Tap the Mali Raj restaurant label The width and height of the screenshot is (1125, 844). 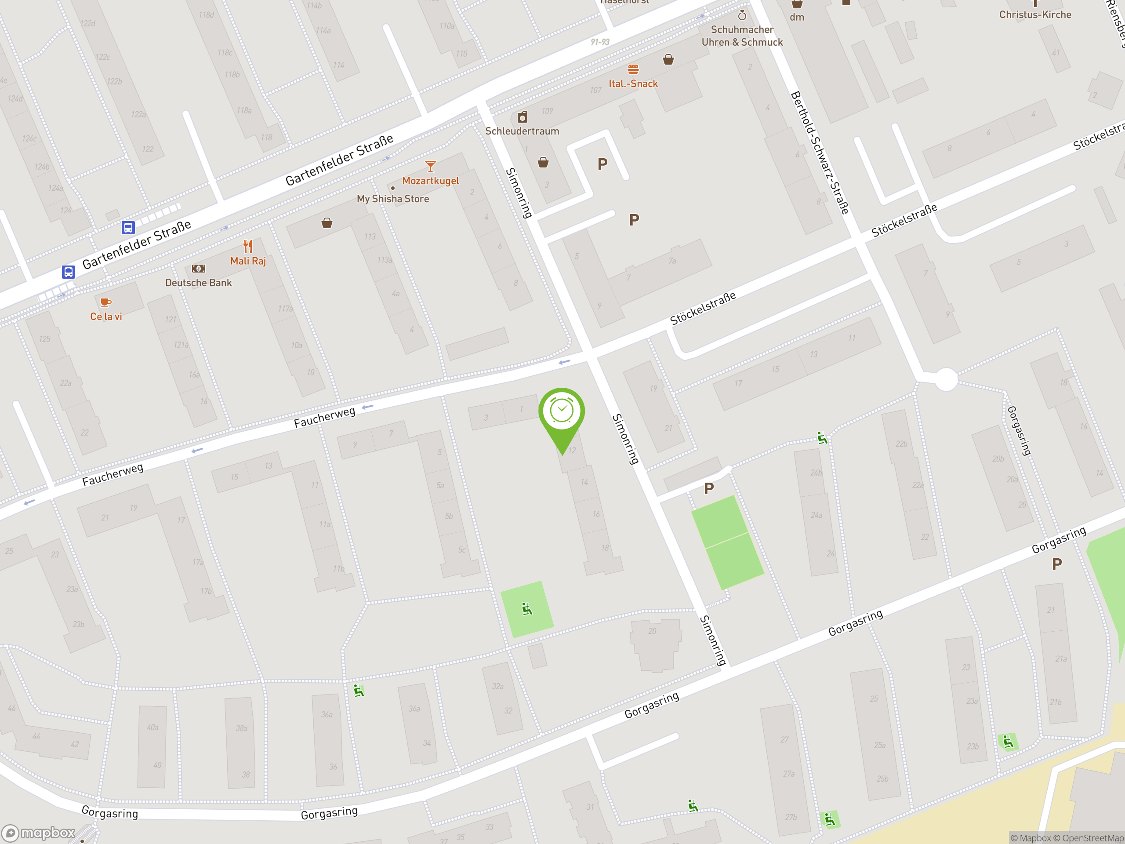click(x=248, y=261)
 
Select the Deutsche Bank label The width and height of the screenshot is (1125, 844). click(x=198, y=283)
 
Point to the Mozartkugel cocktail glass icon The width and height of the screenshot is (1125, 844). click(x=430, y=166)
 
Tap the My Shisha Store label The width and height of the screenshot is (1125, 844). click(x=392, y=199)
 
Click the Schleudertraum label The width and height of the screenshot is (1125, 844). click(x=522, y=131)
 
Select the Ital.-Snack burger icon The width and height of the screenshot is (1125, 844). click(x=633, y=69)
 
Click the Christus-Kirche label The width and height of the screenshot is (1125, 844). click(x=1035, y=15)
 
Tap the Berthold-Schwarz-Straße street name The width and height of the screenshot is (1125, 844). click(x=819, y=153)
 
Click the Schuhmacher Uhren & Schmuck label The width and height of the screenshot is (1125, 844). click(x=742, y=36)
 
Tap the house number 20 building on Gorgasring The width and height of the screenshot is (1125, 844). click(x=656, y=644)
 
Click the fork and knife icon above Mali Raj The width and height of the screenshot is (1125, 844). click(x=248, y=247)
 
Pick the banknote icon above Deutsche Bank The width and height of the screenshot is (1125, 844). click(x=198, y=269)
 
